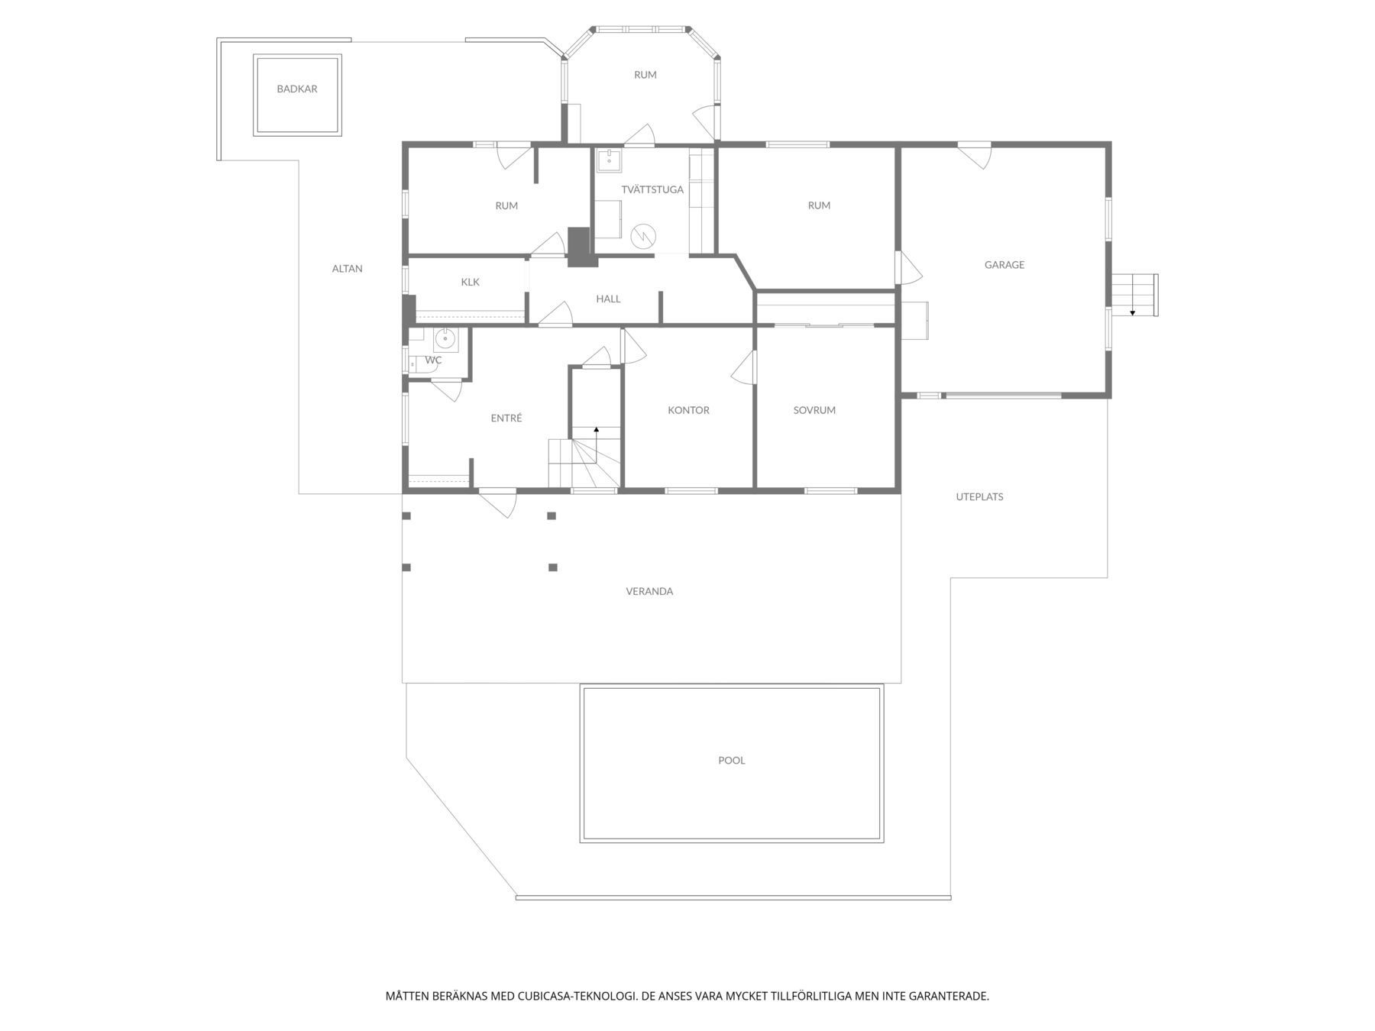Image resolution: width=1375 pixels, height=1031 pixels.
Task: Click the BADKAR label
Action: [297, 89]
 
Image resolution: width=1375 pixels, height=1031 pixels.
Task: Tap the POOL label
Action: [732, 760]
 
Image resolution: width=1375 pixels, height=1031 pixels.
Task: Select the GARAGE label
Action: [1005, 265]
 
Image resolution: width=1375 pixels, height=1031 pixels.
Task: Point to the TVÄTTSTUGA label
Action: [652, 189]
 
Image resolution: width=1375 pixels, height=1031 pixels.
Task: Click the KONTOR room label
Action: [689, 410]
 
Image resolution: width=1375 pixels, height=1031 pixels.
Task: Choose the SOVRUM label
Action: [814, 410]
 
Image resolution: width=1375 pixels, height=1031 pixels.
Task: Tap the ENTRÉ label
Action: [506, 418]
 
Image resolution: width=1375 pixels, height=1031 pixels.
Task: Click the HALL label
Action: [609, 299]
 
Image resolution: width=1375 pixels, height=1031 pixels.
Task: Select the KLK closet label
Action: [471, 282]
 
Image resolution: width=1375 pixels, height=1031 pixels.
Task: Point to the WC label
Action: [433, 360]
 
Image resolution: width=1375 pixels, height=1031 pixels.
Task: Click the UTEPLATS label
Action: [980, 496]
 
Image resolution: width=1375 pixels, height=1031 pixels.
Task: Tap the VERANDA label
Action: [649, 591]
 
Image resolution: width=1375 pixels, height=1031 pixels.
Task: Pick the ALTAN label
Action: [348, 269]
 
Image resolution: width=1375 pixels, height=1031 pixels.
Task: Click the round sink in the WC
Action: [445, 338]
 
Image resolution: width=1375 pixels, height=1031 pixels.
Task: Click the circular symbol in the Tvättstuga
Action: [644, 236]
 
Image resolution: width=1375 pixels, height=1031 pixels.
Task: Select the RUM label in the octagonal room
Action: [645, 75]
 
